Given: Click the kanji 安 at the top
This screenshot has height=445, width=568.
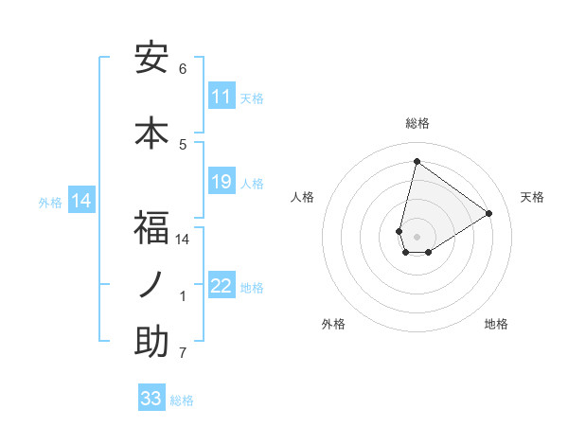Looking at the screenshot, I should [x=151, y=59].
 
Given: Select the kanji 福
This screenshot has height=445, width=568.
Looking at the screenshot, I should [x=151, y=227].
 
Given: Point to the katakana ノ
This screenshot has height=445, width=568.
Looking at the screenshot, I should [x=151, y=285].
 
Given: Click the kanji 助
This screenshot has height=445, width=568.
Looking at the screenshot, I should [x=151, y=342].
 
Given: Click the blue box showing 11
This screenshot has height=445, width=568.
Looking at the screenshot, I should [x=221, y=97].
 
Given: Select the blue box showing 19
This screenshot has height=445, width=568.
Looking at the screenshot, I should [x=221, y=182].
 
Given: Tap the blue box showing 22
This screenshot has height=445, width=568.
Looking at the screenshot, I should [x=221, y=286].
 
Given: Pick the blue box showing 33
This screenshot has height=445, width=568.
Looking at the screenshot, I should [x=151, y=399].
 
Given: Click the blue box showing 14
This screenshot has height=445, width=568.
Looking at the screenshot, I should [x=80, y=201].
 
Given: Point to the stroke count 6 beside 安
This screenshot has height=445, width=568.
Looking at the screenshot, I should [x=183, y=69].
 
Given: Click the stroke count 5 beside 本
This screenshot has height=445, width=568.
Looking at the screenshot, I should [x=183, y=144].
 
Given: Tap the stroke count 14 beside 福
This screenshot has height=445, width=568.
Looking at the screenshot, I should [x=183, y=240].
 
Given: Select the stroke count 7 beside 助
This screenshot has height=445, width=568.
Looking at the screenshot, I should [x=183, y=353].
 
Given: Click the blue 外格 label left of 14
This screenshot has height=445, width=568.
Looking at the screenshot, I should [x=50, y=202].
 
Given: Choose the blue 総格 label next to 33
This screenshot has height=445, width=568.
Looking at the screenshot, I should [x=182, y=400].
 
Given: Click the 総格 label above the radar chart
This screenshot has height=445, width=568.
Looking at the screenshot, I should [x=417, y=123].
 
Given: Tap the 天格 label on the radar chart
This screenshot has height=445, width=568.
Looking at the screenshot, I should [x=532, y=197].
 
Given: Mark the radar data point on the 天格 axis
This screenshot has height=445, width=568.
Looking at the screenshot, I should [x=489, y=214].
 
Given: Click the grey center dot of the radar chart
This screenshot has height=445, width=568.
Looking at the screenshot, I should [x=417, y=237].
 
